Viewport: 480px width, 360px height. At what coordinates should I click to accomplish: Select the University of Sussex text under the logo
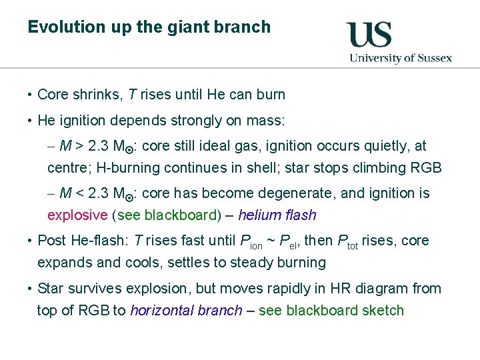[x=401, y=58]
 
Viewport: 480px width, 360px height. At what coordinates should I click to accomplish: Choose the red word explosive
[x=77, y=215]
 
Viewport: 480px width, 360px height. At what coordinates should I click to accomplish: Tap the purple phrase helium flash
[x=277, y=215]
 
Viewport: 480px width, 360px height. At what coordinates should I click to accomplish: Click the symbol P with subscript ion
[x=250, y=242]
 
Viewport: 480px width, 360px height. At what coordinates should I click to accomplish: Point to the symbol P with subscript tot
[x=347, y=242]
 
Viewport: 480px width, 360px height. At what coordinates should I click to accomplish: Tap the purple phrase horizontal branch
[x=186, y=310]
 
